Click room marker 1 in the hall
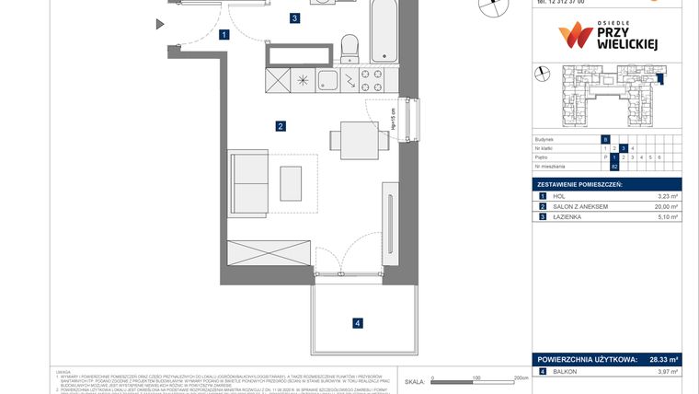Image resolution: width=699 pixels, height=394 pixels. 224,36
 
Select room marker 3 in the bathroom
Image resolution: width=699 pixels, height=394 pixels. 294,17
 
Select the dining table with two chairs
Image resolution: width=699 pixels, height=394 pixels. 357,139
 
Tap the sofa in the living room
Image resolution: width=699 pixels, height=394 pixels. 248,180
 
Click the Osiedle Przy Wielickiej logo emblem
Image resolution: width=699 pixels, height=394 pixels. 576,36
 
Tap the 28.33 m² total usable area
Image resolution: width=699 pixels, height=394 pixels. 659,360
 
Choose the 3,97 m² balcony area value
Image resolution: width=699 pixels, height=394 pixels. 667,371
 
